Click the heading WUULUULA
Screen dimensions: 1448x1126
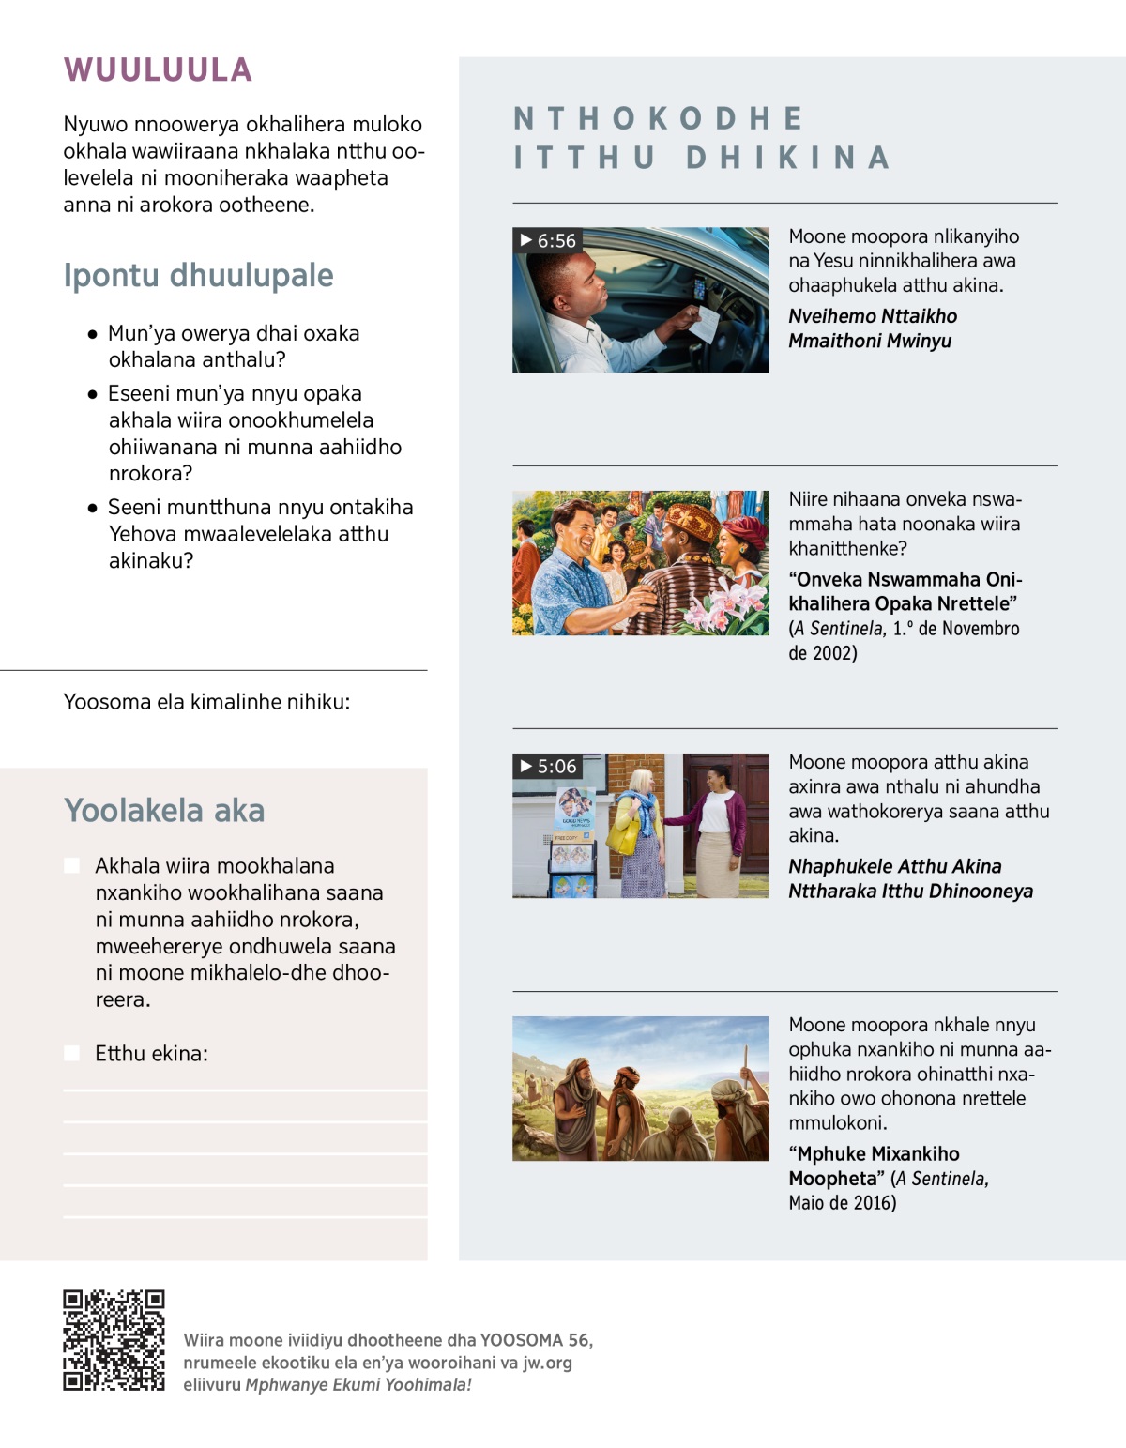click(158, 69)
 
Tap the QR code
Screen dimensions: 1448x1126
click(114, 1340)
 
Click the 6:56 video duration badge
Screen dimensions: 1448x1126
click(548, 240)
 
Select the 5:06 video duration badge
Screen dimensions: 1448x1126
click(548, 766)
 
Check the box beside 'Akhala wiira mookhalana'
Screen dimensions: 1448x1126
click(71, 865)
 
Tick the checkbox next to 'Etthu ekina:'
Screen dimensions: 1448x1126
click(71, 1053)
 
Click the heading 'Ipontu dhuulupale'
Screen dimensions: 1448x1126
click(198, 275)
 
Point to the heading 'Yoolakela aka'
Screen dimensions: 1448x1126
click(164, 810)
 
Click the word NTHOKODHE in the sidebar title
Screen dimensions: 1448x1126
click(659, 118)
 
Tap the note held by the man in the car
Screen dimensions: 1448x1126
click(704, 323)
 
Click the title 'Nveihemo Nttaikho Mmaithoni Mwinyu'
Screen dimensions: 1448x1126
click(872, 328)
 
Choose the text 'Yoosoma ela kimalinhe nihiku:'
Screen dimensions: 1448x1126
click(206, 701)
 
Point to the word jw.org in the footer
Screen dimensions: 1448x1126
click(547, 1363)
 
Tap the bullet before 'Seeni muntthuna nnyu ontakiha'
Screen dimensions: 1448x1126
click(92, 508)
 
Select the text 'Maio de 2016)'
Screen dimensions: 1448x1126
click(842, 1202)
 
